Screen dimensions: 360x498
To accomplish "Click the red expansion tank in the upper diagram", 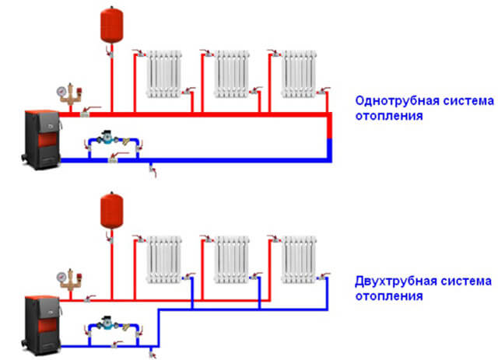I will click(110, 25).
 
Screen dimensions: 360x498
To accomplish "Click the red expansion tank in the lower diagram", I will click(110, 212).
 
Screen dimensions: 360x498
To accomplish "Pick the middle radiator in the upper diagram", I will click(231, 74).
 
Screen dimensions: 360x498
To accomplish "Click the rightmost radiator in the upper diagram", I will click(299, 74).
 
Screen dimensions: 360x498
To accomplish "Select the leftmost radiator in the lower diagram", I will click(164, 261).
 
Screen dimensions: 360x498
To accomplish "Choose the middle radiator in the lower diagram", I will click(232, 261).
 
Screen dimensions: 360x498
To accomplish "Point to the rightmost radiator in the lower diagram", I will click(300, 261).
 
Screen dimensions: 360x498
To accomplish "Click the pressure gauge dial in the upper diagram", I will click(61, 90).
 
